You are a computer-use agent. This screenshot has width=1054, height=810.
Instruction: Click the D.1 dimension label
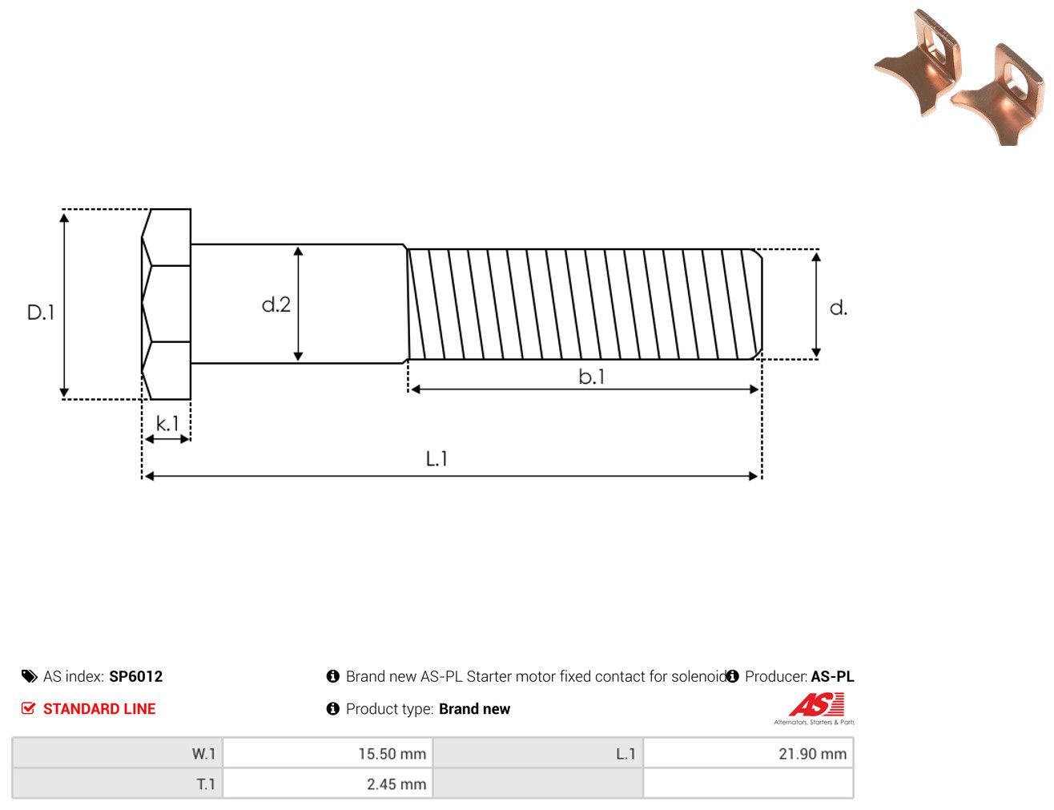tap(41, 312)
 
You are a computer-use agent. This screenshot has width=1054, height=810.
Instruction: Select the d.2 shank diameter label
tap(276, 304)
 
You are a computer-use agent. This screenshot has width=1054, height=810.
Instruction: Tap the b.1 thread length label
tap(591, 377)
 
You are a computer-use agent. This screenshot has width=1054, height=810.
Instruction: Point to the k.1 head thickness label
tap(167, 424)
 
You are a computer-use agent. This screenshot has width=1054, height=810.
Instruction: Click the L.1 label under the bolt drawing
tap(436, 458)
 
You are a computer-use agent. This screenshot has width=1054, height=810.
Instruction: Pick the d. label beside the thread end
tap(839, 308)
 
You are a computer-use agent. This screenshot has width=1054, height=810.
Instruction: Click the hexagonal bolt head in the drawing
tap(166, 304)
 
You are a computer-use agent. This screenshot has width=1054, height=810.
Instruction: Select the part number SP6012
tap(136, 676)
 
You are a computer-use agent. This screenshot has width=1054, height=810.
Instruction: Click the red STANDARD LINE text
tap(99, 708)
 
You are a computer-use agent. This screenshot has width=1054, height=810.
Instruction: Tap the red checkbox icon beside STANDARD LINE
tap(29, 708)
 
